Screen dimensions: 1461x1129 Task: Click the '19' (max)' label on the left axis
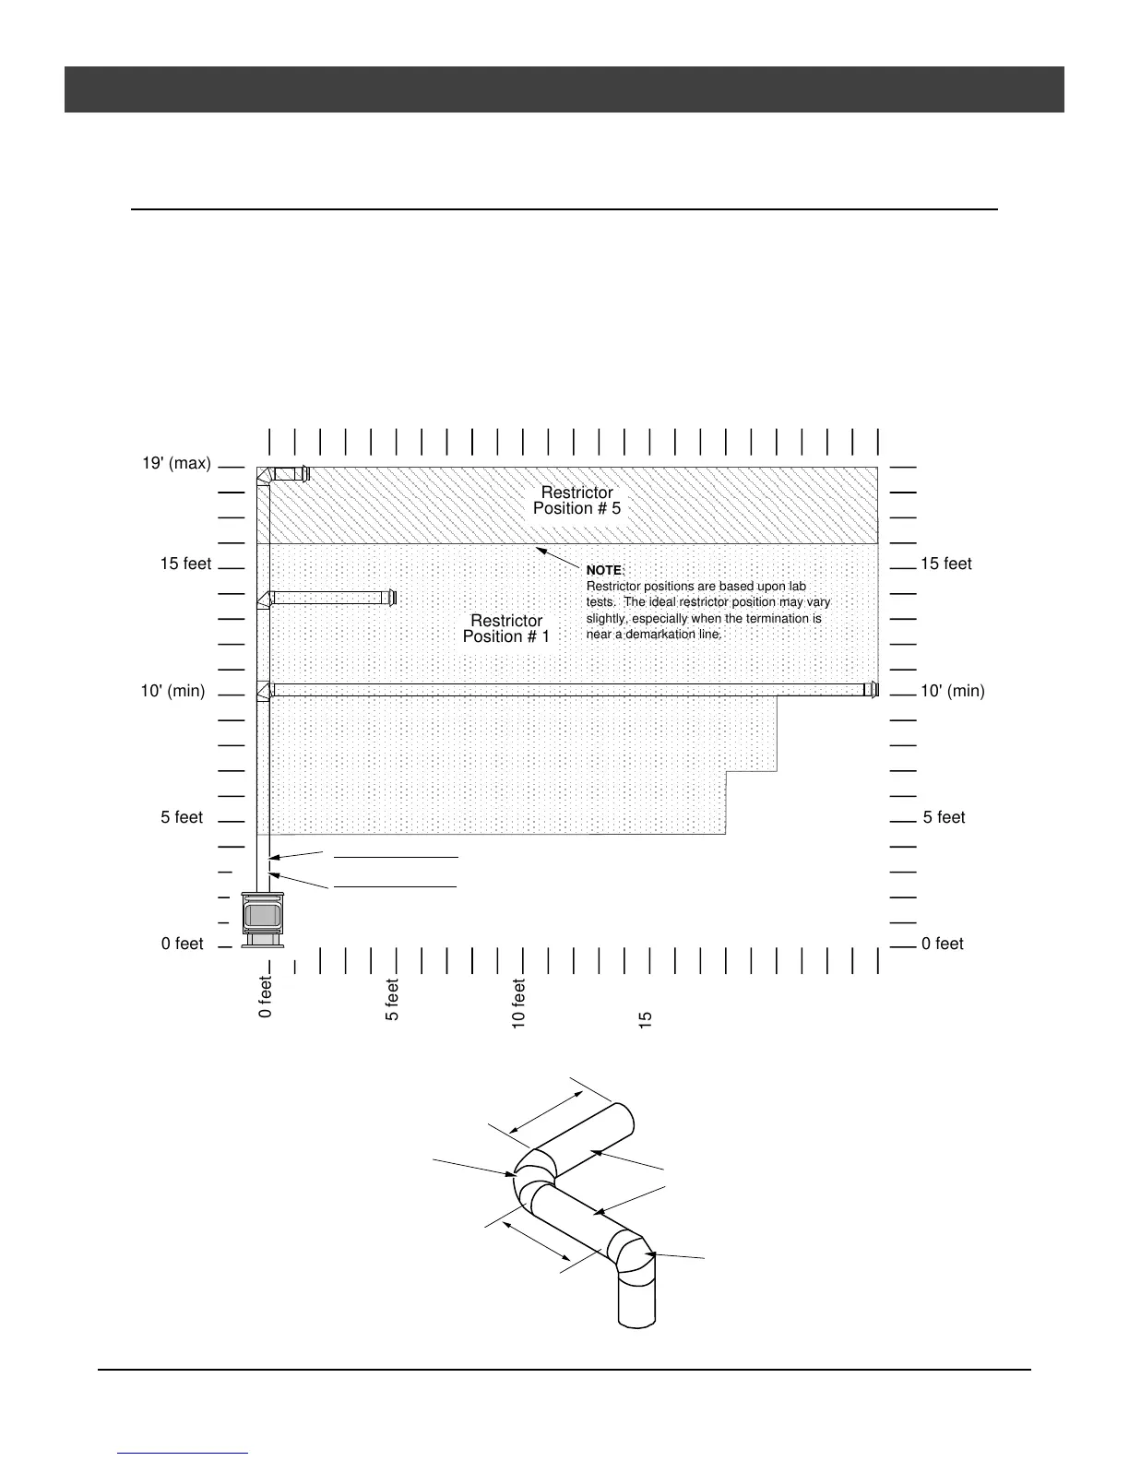(176, 463)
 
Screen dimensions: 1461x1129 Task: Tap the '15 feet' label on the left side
(185, 564)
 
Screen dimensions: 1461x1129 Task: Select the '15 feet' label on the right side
(945, 564)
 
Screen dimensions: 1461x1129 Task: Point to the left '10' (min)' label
(172, 691)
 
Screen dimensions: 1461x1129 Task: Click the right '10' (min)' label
(953, 691)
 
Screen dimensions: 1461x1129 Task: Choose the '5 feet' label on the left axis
(182, 817)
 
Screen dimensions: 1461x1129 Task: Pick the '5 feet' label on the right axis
(944, 817)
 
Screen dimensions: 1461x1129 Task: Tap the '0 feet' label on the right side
(942, 944)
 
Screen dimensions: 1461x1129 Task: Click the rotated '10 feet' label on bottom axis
(518, 1004)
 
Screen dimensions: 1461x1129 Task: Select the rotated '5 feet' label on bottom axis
(392, 1000)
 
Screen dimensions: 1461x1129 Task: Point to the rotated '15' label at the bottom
(646, 1019)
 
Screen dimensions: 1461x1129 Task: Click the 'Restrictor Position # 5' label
(576, 501)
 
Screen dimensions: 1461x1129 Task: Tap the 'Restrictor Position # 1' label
(506, 628)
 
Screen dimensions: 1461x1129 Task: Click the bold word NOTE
(605, 571)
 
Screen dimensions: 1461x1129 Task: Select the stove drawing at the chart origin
(263, 920)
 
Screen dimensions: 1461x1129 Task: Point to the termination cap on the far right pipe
(872, 690)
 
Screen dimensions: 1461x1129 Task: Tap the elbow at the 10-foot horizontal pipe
(265, 691)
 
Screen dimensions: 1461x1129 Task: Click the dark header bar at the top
(564, 89)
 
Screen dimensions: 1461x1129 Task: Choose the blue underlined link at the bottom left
(184, 1452)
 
